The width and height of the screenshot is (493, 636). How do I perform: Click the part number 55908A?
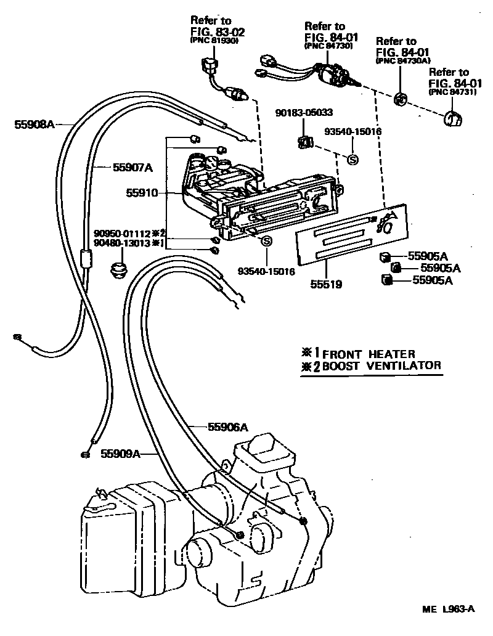tap(35, 124)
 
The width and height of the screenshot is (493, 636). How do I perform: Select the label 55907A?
tap(132, 167)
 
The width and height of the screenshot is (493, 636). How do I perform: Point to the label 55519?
tap(326, 285)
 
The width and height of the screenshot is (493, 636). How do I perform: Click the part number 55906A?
tap(227, 426)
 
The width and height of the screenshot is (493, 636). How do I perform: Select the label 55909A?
tap(121, 454)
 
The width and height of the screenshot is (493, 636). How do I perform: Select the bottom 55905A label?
tap(433, 280)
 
